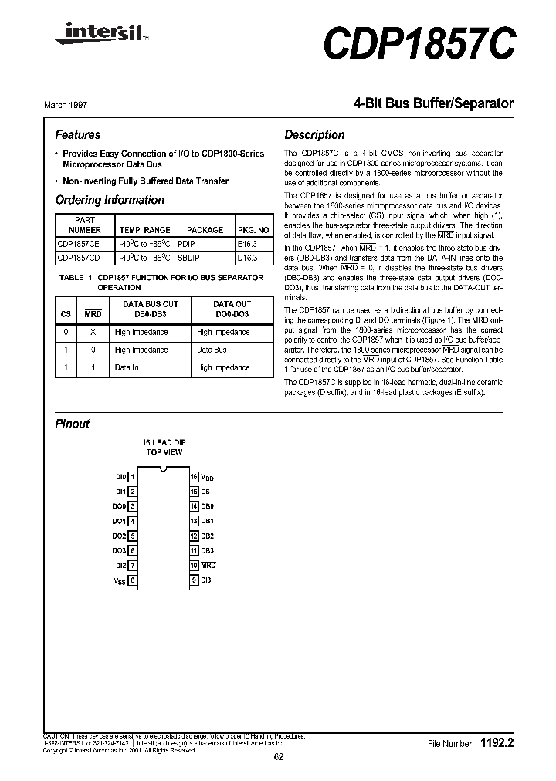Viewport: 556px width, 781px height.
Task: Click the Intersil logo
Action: click(x=87, y=32)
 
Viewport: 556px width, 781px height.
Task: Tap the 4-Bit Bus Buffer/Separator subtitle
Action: click(x=433, y=103)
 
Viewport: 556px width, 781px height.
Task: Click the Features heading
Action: click(x=78, y=134)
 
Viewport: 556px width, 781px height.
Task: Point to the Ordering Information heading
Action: click(x=110, y=200)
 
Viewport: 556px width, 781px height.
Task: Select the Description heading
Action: click(x=314, y=134)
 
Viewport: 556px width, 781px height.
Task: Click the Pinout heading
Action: click(x=73, y=424)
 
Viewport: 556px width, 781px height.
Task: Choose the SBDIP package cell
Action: click(x=190, y=258)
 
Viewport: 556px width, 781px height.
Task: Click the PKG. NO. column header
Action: click(x=254, y=230)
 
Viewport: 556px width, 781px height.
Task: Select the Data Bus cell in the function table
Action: click(x=212, y=350)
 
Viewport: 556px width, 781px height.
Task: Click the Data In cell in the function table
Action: click(x=127, y=367)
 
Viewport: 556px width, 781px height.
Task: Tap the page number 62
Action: click(x=278, y=757)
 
